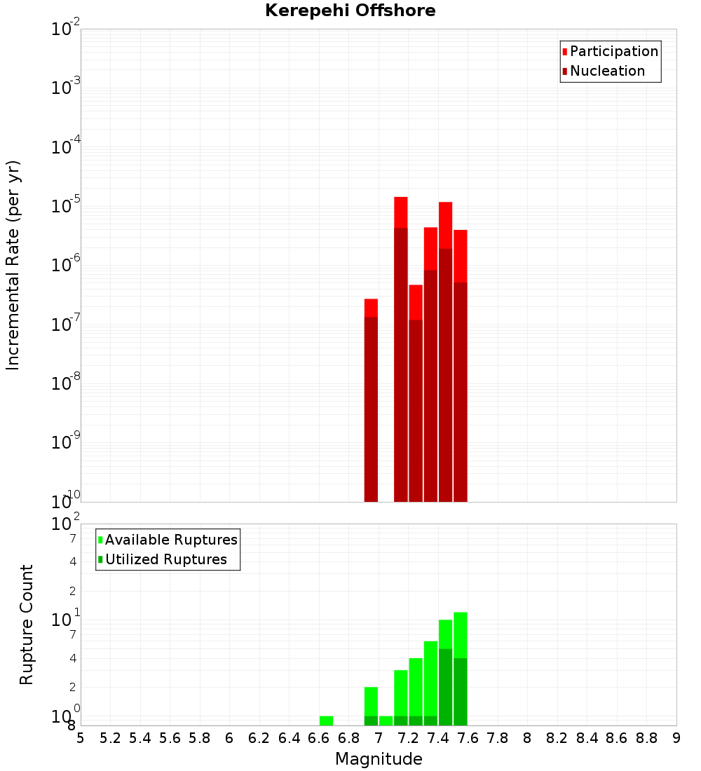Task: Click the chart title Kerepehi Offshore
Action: point(350,11)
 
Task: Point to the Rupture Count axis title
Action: point(27,625)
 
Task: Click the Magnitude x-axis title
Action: point(379,759)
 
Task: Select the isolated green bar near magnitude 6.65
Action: point(326,721)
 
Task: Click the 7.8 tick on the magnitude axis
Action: point(498,738)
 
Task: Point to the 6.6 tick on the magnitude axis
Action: point(319,738)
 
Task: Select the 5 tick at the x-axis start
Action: point(81,738)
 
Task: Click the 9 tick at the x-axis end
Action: point(676,738)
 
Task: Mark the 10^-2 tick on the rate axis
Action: point(66,29)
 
